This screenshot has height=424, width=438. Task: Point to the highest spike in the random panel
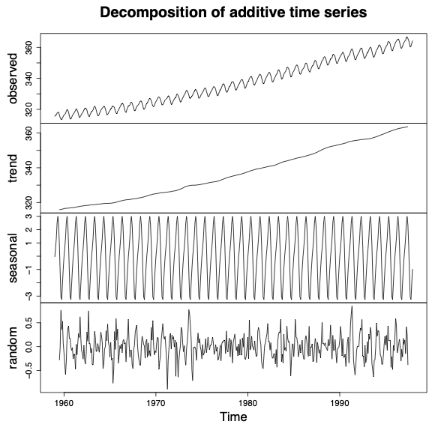point(351,306)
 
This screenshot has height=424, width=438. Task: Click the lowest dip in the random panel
point(167,388)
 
